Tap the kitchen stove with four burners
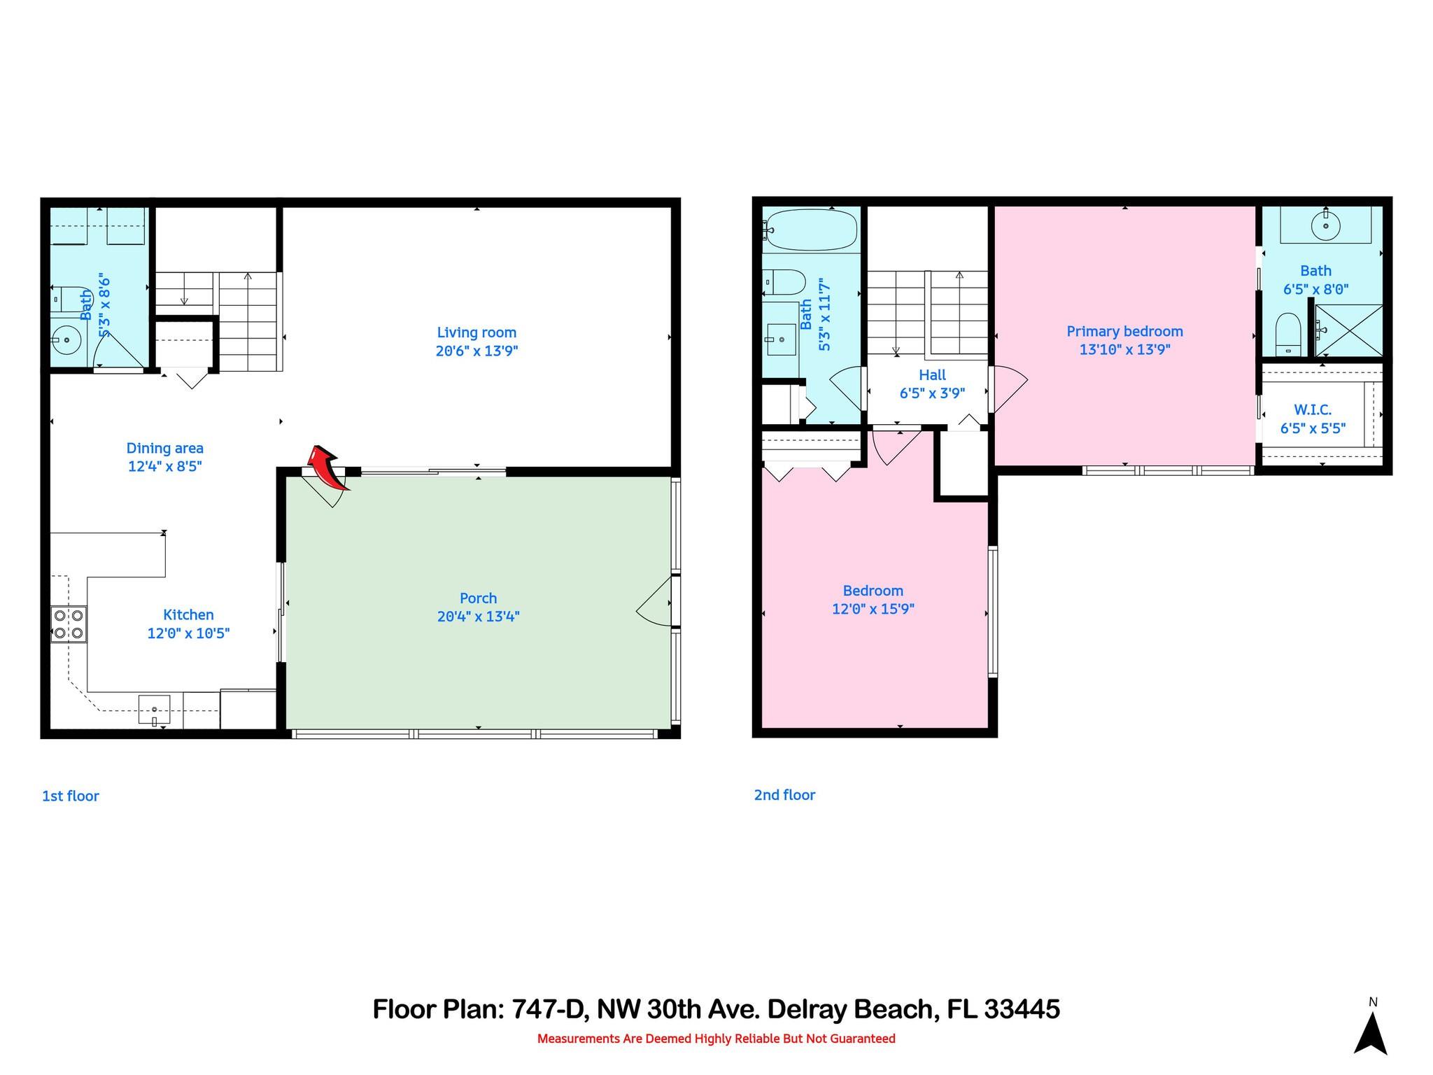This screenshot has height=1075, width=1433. click(69, 624)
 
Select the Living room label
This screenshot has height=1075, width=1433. click(477, 332)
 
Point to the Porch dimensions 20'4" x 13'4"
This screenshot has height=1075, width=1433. click(478, 617)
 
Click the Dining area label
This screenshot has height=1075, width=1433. click(164, 448)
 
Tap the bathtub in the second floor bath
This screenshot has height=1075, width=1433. click(810, 228)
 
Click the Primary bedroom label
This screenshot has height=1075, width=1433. click(1124, 331)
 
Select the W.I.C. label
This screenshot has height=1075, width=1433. click(1313, 410)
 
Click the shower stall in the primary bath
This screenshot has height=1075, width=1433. click(1348, 331)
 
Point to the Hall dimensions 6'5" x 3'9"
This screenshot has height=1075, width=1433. click(932, 393)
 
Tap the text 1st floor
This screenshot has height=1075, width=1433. click(71, 796)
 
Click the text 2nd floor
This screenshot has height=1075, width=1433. click(784, 795)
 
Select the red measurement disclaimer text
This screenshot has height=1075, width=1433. click(716, 1039)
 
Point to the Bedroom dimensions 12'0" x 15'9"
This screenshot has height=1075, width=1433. click(873, 609)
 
